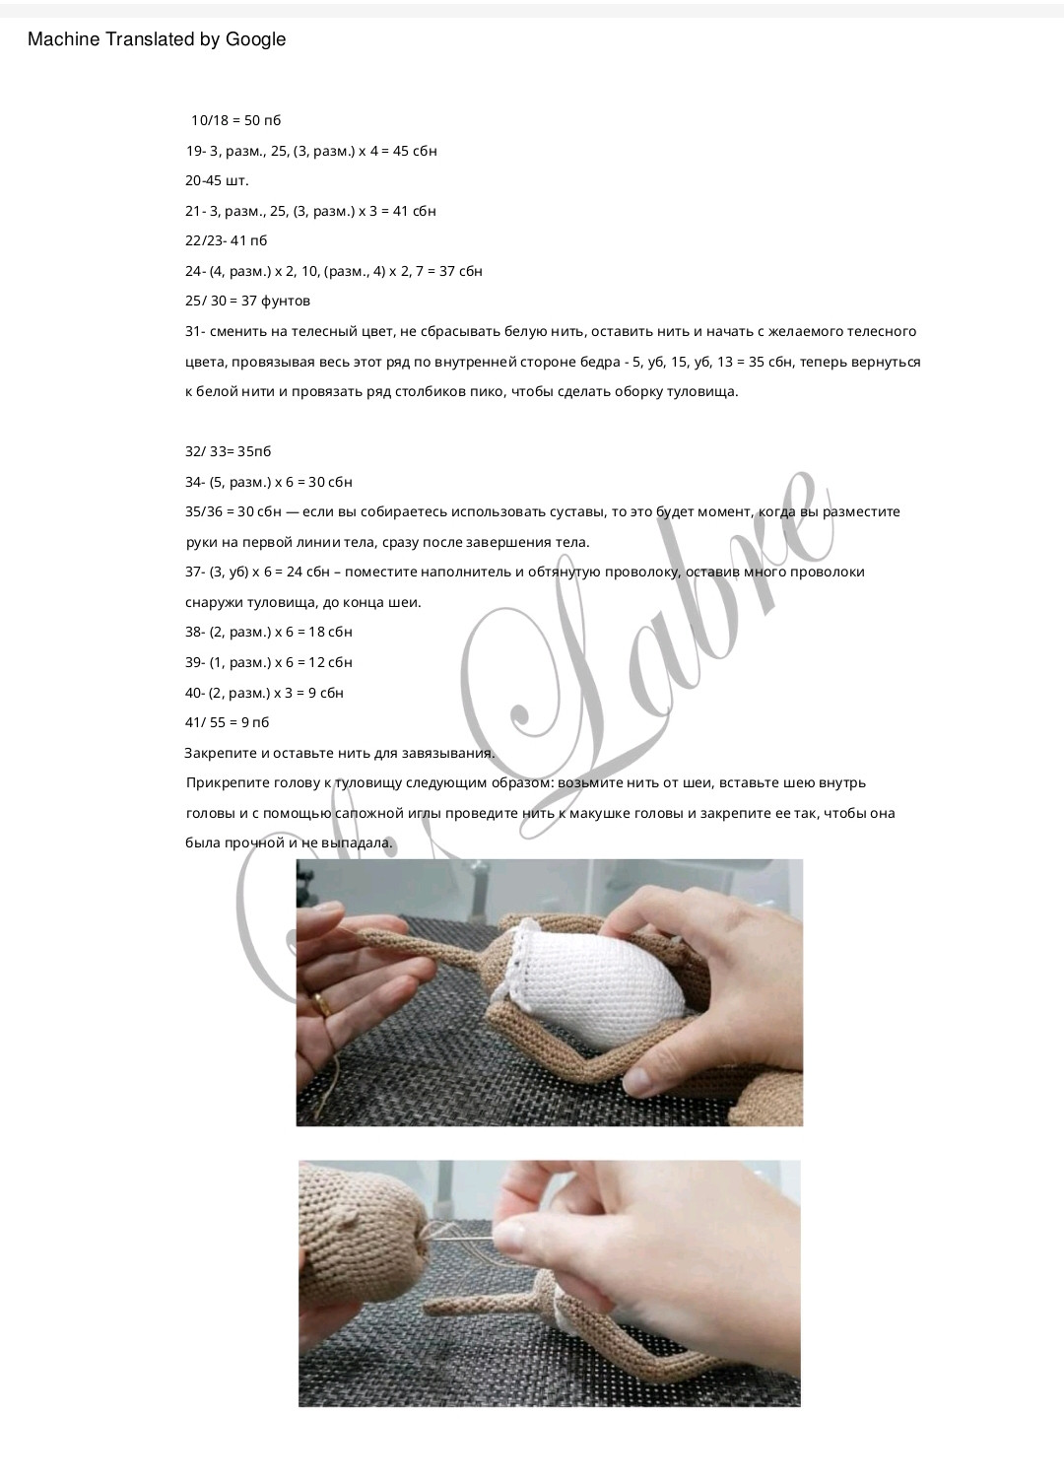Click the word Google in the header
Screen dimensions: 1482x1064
pyautogui.click(x=255, y=39)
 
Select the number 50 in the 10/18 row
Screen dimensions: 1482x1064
pyautogui.click(x=252, y=120)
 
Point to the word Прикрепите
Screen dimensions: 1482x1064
pyautogui.click(x=225, y=783)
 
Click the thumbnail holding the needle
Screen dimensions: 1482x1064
pyautogui.click(x=511, y=1232)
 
